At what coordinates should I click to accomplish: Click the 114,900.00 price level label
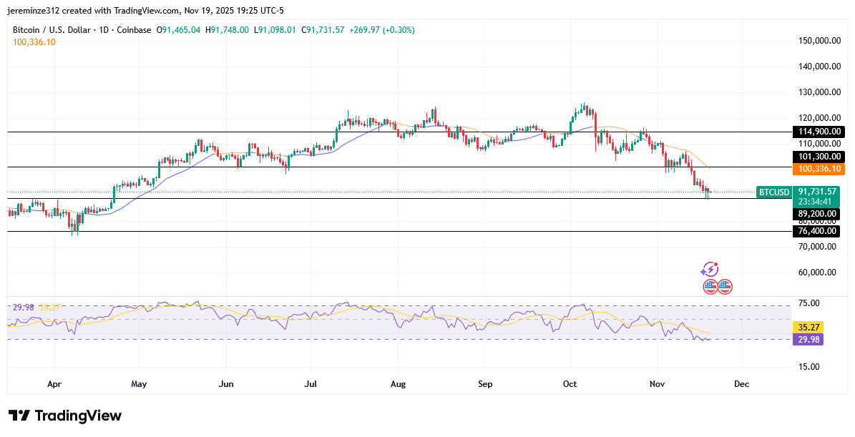pos(818,132)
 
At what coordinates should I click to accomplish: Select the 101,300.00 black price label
pos(818,157)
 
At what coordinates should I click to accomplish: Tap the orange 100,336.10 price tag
pos(818,169)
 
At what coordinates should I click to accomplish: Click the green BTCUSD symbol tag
pos(773,192)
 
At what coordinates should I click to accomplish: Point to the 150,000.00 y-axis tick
pos(819,41)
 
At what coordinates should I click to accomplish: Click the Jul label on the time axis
pos(311,384)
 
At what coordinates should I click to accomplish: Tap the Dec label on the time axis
pos(741,384)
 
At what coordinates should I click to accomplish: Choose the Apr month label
pos(54,384)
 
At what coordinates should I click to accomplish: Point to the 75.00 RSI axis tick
pos(809,303)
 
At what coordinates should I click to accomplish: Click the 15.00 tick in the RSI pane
pos(809,367)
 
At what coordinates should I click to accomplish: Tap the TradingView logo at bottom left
pos(65,416)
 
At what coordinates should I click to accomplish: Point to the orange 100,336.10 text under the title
pos(34,42)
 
